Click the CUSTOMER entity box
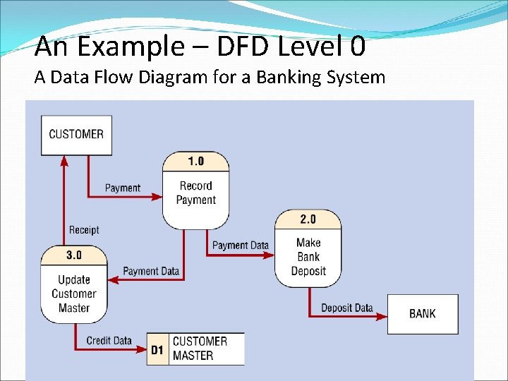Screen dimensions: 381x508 [x=76, y=135]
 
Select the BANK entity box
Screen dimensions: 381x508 [x=423, y=313]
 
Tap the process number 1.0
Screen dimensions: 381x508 [x=195, y=161]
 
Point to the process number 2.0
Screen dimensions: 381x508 [x=308, y=219]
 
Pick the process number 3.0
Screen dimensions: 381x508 [x=74, y=255]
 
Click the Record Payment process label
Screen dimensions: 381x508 [x=195, y=193]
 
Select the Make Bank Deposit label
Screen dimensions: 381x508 [x=308, y=257]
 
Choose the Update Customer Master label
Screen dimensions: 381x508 [x=74, y=294]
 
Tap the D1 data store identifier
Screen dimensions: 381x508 [x=157, y=349]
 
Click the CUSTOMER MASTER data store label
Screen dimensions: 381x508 [x=200, y=349]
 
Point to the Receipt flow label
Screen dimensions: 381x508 [x=84, y=229]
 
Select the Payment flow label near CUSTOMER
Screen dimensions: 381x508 [x=123, y=188]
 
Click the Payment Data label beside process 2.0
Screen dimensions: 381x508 [x=241, y=245]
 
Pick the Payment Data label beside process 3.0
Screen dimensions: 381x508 [x=151, y=271]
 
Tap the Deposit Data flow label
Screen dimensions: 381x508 [x=346, y=308]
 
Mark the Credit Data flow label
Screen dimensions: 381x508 [x=109, y=341]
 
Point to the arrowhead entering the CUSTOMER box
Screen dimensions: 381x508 [x=64, y=160]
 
